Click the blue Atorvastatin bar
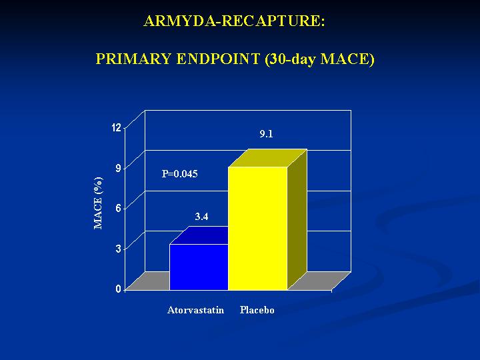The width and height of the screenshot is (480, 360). (199, 267)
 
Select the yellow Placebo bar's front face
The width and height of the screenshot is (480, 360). (258, 229)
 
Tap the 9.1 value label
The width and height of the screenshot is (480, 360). (266, 134)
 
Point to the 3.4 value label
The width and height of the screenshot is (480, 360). (202, 217)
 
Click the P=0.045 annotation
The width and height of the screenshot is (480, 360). (180, 174)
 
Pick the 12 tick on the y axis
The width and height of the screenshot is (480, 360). (117, 127)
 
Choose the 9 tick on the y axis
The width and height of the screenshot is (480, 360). (119, 168)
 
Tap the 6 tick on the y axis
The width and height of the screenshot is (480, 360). (119, 208)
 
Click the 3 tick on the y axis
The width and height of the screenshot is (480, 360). (119, 249)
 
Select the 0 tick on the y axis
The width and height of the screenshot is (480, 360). (119, 289)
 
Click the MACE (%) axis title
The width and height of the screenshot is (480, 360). (98, 203)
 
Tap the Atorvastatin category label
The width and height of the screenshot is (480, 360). (195, 310)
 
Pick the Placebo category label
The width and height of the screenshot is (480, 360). (257, 310)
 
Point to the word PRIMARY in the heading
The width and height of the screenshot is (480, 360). (133, 59)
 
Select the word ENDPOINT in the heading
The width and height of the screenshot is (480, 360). (218, 59)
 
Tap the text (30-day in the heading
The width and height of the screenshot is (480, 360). (290, 59)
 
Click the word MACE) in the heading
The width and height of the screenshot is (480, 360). (347, 59)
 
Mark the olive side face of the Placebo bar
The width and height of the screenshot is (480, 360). (297, 219)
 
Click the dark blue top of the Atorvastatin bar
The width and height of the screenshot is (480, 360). (199, 235)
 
